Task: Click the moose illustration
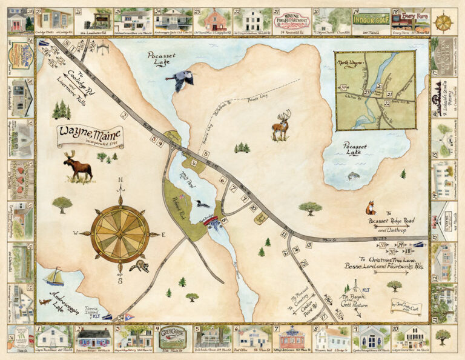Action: (77, 167)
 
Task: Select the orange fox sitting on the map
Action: (370, 208)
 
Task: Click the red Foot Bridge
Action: (213, 221)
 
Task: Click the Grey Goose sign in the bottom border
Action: (173, 337)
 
